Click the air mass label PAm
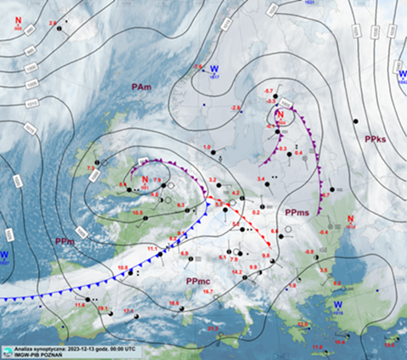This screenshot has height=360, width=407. point(141,87)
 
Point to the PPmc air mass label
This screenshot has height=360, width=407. point(197,280)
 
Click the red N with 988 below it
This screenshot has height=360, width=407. point(146,180)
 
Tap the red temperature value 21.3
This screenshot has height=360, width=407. point(212,328)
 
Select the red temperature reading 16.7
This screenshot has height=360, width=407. point(207,291)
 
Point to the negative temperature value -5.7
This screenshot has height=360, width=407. point(269,91)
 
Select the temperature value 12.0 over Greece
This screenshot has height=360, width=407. point(302,323)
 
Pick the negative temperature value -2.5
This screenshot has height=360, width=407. point(198,65)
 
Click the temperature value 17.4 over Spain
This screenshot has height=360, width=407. point(129,311)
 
